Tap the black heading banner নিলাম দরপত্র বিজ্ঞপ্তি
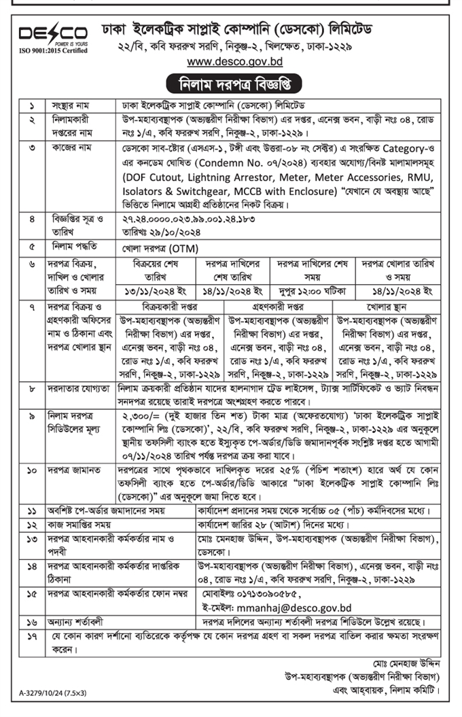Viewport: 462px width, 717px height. coord(231,85)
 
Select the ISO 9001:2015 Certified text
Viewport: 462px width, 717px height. coord(52,50)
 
